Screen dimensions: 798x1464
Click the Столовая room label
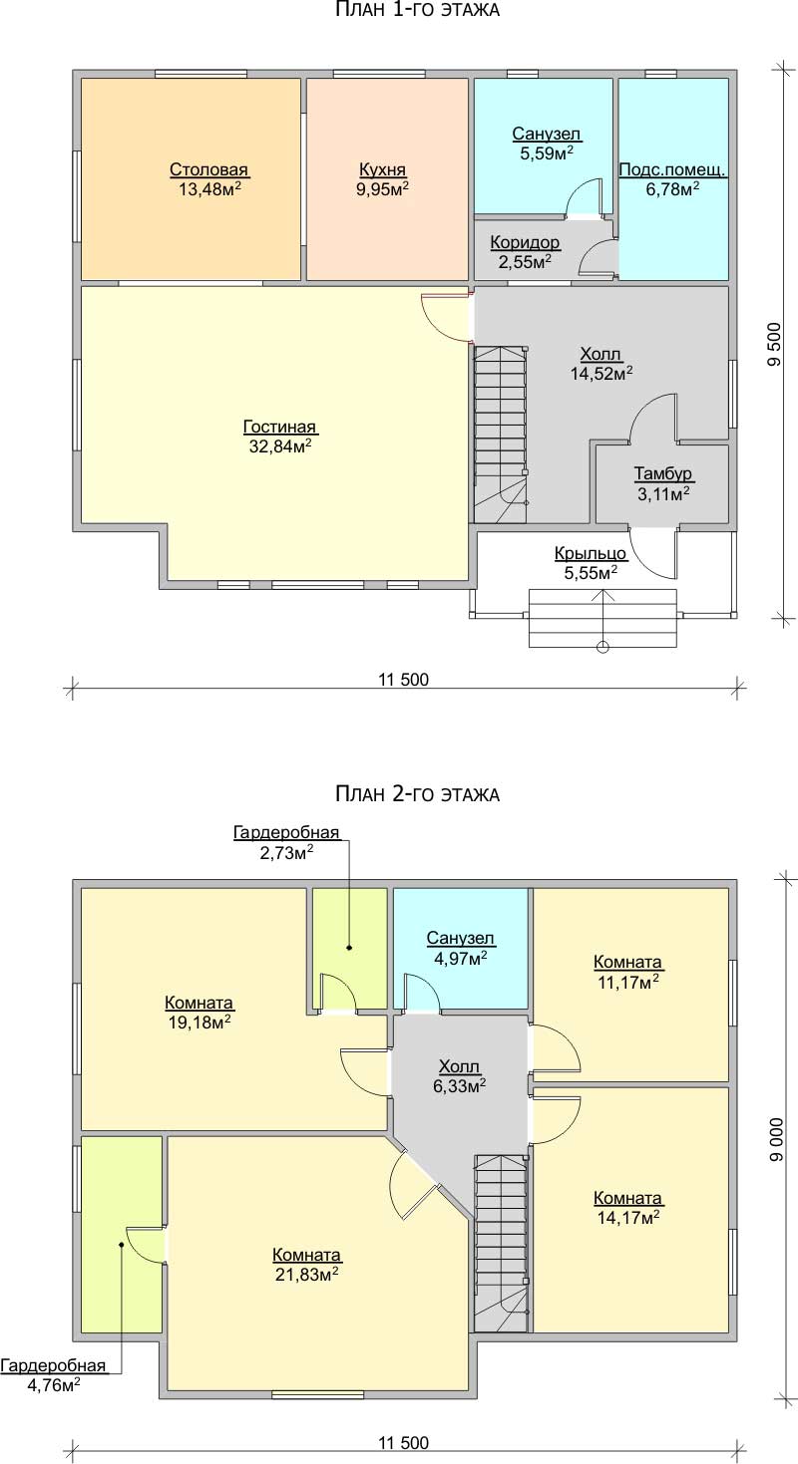tap(208, 179)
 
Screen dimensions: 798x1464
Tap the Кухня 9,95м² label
tap(383, 179)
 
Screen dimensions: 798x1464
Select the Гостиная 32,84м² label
tap(280, 437)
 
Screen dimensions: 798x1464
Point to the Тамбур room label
tap(663, 483)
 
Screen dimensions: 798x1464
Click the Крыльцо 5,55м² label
tap(591, 563)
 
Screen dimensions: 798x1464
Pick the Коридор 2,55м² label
tap(526, 252)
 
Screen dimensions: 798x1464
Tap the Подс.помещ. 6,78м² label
tap(672, 179)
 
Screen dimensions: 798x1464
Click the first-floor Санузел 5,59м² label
tap(547, 144)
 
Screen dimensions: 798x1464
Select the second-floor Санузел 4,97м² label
tap(461, 949)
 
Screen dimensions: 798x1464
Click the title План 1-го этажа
tap(417, 10)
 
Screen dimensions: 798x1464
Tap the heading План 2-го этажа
tap(417, 794)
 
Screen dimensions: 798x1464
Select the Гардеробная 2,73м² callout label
tap(286, 842)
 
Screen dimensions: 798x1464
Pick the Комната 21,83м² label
tap(307, 1265)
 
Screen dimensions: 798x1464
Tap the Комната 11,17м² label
tap(628, 972)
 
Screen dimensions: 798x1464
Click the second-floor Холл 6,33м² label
tap(459, 1076)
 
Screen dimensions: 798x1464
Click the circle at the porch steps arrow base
tap(602, 647)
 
